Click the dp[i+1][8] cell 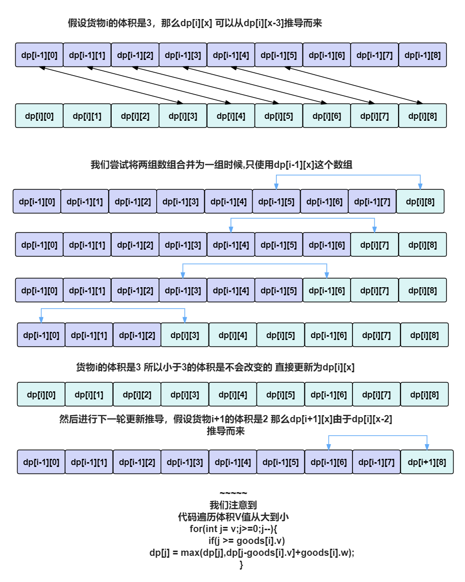tap(427, 462)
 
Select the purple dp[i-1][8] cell tap(422, 55)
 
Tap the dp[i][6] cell tap(326, 116)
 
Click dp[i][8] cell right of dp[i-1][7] tap(420, 202)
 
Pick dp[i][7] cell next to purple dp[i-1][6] tap(374, 245)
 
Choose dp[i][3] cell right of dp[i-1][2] tap(185, 335)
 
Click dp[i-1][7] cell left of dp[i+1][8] tap(376, 462)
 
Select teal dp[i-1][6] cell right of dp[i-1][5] tap(326, 291)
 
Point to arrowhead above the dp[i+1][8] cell tap(427, 447)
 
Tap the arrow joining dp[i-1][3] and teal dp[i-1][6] tap(255, 264)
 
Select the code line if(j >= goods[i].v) tap(247, 541)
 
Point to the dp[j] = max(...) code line tap(252, 553)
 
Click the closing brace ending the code tap(241, 565)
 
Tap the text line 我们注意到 tap(233, 505)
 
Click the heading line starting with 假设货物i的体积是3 tap(195, 23)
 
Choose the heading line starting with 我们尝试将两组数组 tap(221, 165)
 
